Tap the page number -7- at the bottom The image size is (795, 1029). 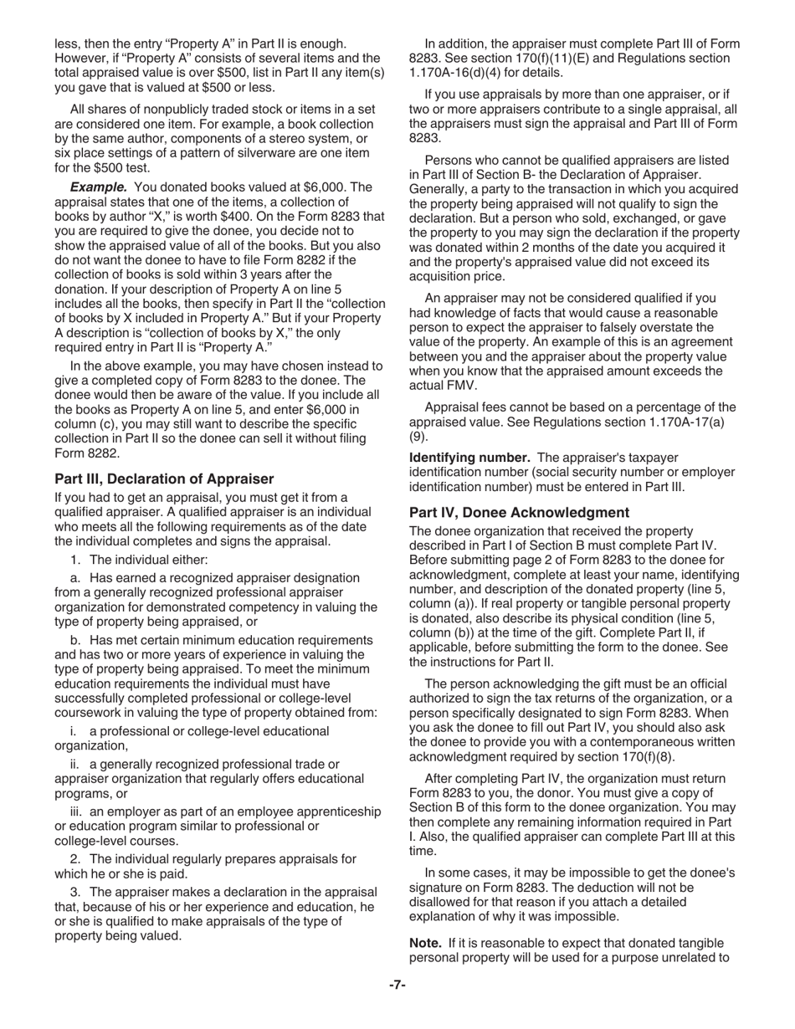tap(397, 985)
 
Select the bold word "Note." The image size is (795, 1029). tap(425, 943)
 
